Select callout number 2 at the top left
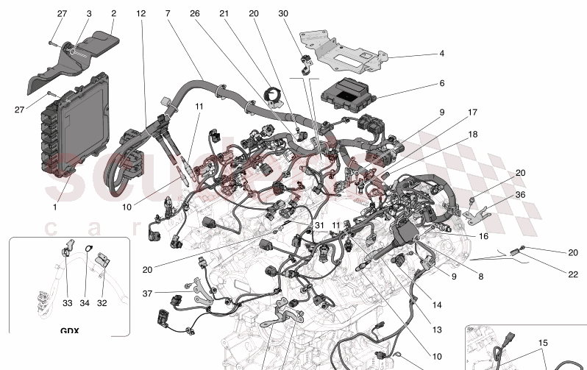pyautogui.click(x=113, y=14)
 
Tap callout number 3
pyautogui.click(x=88, y=14)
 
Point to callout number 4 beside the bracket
pyautogui.click(x=442, y=54)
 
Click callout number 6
pyautogui.click(x=442, y=84)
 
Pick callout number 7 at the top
pyautogui.click(x=168, y=14)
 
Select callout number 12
pyautogui.click(x=140, y=14)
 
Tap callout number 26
pyautogui.click(x=194, y=14)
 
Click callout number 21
pyautogui.click(x=224, y=14)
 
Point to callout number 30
pyautogui.click(x=283, y=14)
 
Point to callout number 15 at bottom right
pyautogui.click(x=543, y=344)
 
